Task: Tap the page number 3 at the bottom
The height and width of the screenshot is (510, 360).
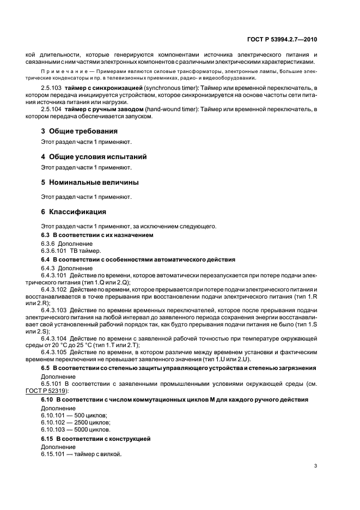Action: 316,466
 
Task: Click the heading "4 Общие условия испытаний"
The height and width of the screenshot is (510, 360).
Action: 94,156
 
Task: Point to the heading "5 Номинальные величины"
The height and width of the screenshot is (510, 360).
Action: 90,181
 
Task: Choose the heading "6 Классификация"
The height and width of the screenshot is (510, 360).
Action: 74,211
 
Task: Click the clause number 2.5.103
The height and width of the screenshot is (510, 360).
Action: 52,88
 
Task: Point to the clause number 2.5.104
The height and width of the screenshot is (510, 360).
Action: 52,110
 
